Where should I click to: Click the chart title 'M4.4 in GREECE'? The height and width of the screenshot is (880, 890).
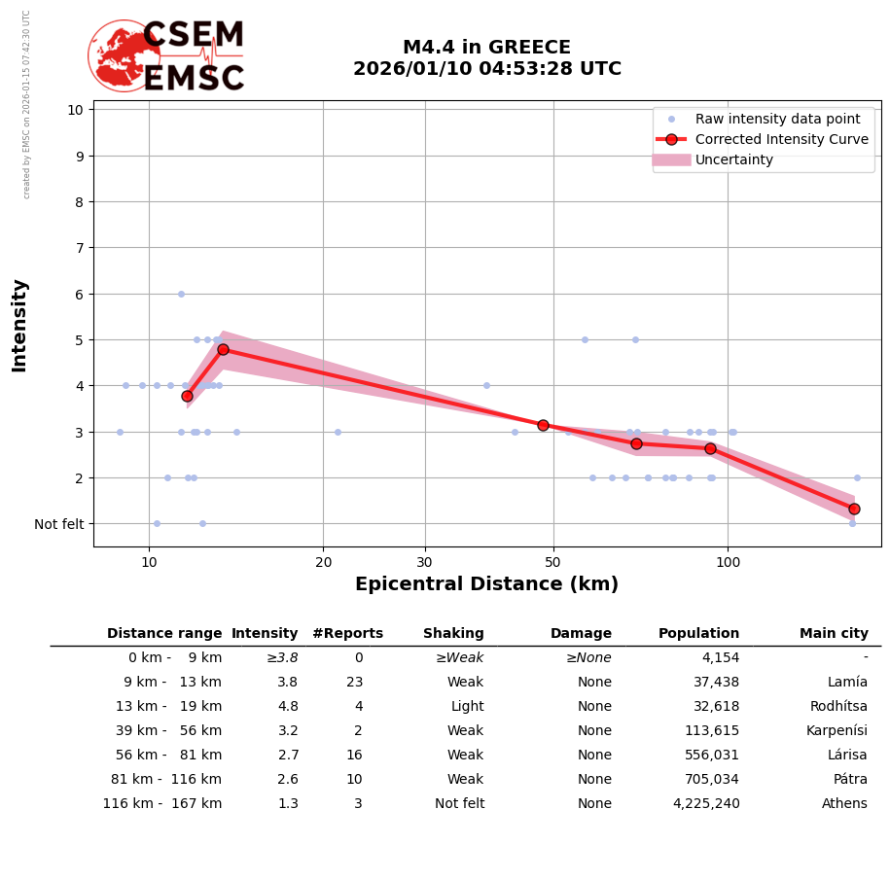point(486,48)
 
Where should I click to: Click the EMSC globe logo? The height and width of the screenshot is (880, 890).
point(124,55)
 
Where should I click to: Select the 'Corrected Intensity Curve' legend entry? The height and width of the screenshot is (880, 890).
point(781,139)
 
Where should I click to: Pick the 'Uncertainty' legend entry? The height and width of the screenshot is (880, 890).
point(733,159)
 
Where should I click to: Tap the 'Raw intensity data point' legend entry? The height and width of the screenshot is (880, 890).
point(777,119)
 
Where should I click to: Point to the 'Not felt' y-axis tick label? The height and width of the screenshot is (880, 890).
point(59,524)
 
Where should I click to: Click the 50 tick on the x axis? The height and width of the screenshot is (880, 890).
point(552,560)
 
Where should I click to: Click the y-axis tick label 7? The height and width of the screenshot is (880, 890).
point(75,248)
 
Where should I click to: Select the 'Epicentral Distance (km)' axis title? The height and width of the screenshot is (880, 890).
point(486,584)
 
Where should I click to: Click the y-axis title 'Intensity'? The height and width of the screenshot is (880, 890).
point(19,325)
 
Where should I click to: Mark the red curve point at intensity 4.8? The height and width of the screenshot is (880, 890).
point(223,349)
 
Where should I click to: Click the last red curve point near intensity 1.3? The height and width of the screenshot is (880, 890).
point(854,509)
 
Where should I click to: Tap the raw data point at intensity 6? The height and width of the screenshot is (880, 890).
point(181,294)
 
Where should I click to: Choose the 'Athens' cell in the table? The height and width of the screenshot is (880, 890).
point(844,804)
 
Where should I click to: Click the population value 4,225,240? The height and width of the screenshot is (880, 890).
point(706,804)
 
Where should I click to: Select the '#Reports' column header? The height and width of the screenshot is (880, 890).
point(347,634)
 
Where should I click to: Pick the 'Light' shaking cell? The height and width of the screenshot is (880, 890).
point(467,707)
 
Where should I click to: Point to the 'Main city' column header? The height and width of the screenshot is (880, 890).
point(834,634)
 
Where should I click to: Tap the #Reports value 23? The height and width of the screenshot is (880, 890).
point(355,683)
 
